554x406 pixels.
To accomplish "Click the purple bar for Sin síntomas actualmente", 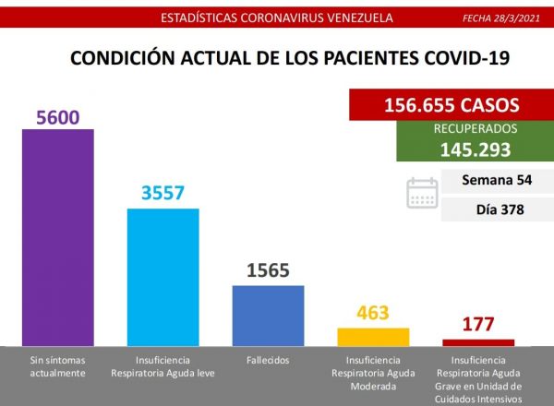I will click(57, 236).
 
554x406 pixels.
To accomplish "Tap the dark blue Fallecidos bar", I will click(268, 315).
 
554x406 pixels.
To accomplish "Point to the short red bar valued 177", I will click(478, 341).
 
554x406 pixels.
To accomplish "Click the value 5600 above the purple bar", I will click(57, 117).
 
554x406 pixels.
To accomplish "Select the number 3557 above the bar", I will click(163, 195).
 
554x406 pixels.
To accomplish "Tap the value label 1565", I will click(268, 271).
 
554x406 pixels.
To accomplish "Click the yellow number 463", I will click(373, 313).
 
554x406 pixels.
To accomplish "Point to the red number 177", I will click(478, 325).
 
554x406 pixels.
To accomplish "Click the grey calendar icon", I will click(422, 194).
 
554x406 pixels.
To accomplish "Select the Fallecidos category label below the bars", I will click(268, 359).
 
